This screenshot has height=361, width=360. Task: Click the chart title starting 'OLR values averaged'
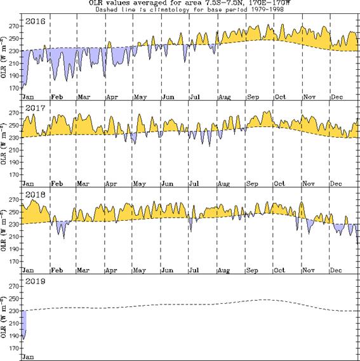tap(189, 3)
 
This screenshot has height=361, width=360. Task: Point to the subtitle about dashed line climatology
tap(189, 10)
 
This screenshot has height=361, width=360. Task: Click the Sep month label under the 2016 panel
tap(254, 96)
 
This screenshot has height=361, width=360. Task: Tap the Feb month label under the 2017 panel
tap(57, 183)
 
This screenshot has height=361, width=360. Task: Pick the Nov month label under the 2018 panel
tap(310, 269)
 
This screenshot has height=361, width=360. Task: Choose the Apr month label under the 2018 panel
tap(112, 269)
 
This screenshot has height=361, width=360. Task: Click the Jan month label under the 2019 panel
tap(27, 357)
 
